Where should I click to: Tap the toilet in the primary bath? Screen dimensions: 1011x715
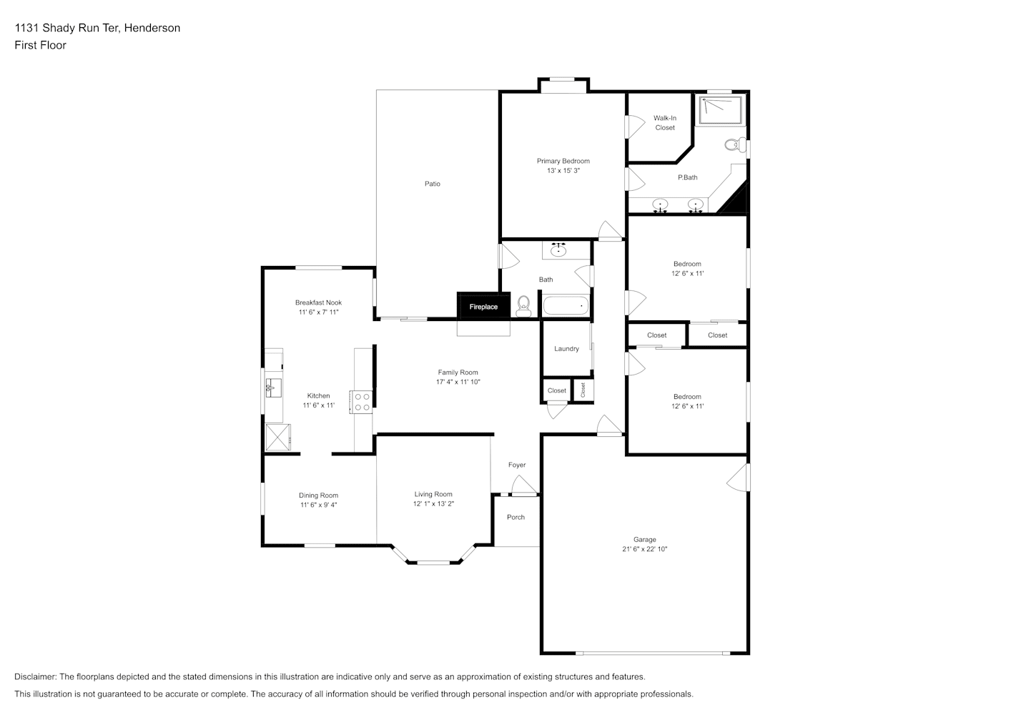(735, 145)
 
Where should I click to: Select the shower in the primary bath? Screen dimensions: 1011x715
(720, 109)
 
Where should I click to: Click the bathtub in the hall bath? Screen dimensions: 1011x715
(566, 305)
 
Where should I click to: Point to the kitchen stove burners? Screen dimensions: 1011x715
(362, 402)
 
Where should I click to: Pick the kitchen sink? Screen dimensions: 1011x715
(273, 388)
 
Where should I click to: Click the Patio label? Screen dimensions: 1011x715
(433, 184)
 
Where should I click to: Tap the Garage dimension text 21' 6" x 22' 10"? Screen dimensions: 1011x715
(644, 549)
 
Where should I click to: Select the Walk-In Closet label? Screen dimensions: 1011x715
(665, 123)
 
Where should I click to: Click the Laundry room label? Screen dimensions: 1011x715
(566, 348)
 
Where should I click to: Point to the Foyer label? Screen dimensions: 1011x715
(517, 465)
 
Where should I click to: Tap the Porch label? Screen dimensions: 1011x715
(516, 517)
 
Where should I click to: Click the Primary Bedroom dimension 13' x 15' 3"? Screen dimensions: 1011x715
(563, 171)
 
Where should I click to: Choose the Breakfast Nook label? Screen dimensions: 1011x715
(318, 302)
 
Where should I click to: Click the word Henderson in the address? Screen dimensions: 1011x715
(152, 28)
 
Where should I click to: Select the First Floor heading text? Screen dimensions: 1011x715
(40, 45)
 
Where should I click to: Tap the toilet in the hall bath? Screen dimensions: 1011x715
(523, 306)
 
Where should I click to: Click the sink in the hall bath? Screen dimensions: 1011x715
(558, 250)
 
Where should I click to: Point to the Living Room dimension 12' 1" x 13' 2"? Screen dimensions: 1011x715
(433, 504)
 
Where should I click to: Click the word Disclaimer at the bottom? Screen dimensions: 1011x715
(35, 676)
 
